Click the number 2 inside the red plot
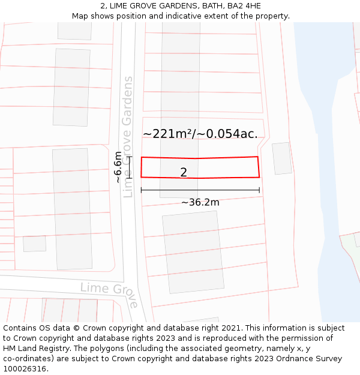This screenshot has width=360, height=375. (184, 172)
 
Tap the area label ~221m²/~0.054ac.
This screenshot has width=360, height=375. (200, 134)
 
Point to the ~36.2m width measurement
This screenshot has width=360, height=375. (200, 202)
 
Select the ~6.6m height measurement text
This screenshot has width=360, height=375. (118, 167)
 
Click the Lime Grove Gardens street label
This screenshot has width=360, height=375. (127, 137)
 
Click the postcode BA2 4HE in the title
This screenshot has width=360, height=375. (244, 6)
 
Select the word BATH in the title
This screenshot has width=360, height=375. (209, 6)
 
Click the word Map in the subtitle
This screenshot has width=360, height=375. (80, 16)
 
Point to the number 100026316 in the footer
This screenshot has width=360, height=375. (25, 369)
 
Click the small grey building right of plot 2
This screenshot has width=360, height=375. (281, 158)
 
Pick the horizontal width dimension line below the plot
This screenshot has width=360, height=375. (200, 190)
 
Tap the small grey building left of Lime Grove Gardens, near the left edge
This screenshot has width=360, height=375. (34, 244)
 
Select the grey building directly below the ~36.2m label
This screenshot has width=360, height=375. (193, 252)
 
